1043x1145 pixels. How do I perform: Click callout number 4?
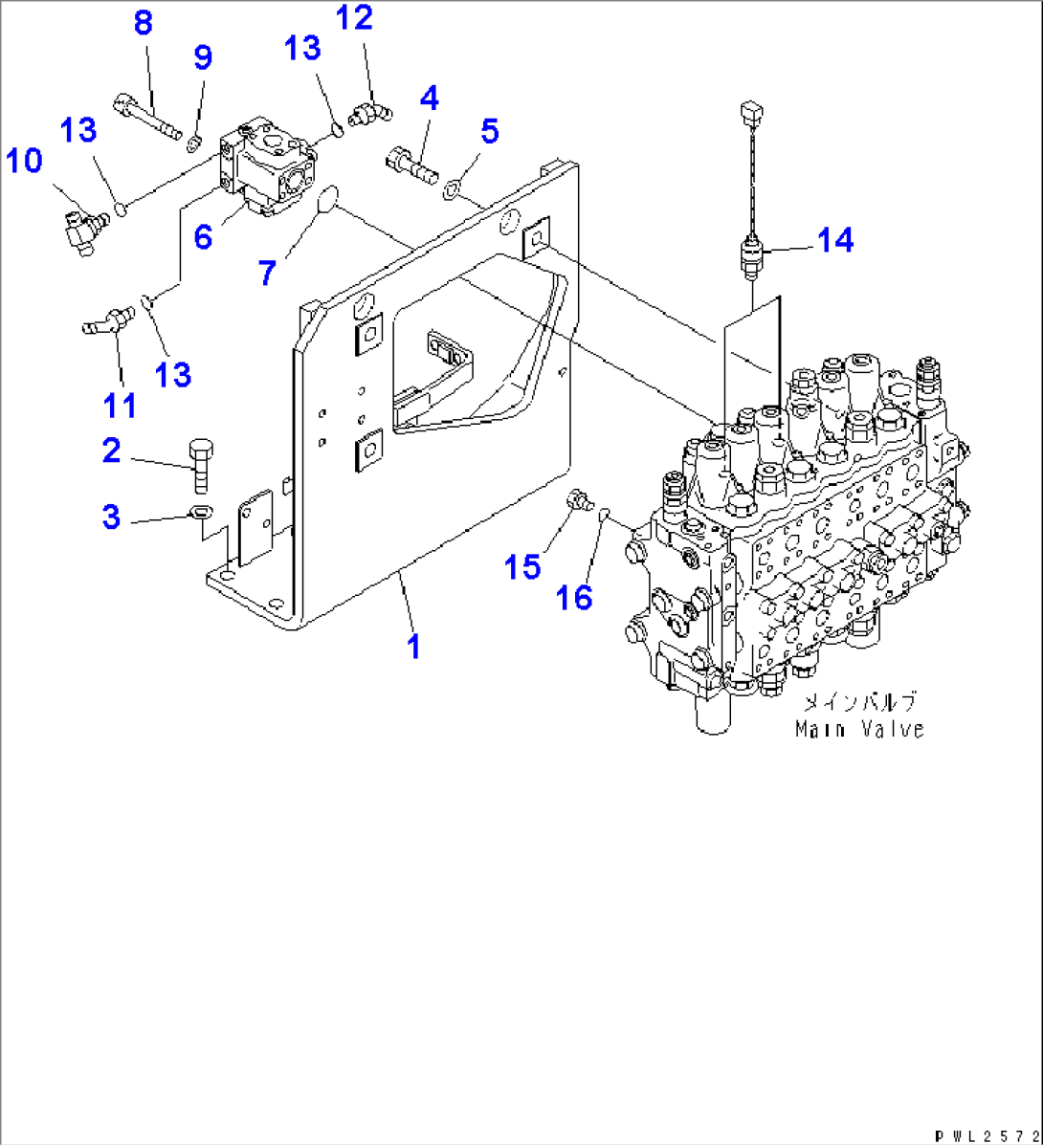(x=429, y=98)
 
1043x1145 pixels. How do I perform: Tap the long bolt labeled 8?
(x=149, y=116)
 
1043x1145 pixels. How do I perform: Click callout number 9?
(x=202, y=58)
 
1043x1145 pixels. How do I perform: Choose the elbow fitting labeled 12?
(x=366, y=115)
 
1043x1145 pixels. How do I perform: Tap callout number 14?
(x=835, y=239)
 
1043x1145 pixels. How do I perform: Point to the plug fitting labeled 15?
(x=577, y=499)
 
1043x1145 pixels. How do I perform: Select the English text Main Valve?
(x=859, y=729)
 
